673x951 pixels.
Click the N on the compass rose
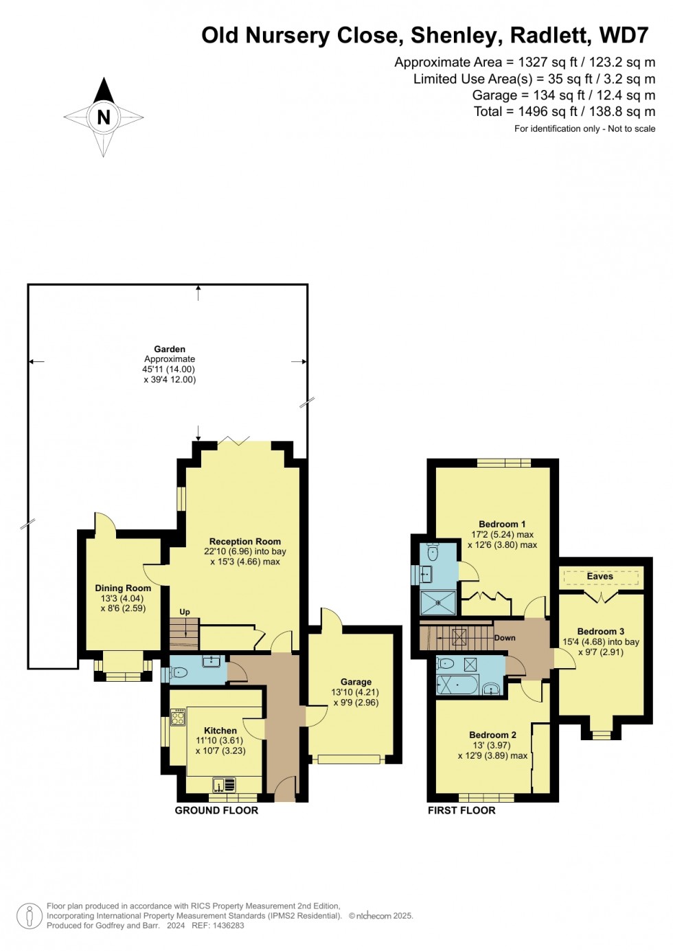104,117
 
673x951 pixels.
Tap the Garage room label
356,682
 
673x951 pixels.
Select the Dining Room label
123,588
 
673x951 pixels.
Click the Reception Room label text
245,541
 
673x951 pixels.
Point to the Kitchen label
220,731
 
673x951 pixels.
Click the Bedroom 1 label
502,524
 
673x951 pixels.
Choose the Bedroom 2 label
492,735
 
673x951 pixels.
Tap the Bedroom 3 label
600,631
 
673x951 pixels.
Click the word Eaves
600,576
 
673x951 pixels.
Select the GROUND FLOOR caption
216,810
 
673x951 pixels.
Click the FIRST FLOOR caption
461,810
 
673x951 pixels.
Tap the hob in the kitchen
178,718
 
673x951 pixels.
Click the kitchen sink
224,784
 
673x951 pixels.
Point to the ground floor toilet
179,672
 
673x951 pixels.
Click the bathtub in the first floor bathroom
458,685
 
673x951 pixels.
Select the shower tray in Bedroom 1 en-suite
438,602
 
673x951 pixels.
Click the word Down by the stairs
505,638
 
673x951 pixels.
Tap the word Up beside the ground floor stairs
185,612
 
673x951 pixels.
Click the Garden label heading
170,349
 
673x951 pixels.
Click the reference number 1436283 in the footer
227,925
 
